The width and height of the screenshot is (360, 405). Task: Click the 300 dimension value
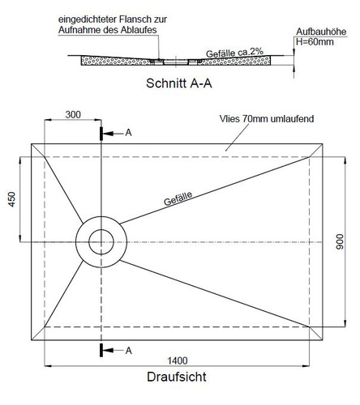click(x=73, y=115)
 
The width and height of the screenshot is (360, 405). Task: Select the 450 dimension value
click(x=12, y=199)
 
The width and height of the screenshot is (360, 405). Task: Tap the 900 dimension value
click(x=340, y=241)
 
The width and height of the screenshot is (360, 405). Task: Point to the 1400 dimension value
click(x=178, y=360)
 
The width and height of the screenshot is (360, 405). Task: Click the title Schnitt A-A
click(x=179, y=83)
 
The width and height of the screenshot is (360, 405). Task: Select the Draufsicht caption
click(x=177, y=377)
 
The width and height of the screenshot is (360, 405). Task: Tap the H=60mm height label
click(x=315, y=42)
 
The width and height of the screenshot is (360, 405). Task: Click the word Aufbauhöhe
click(x=321, y=32)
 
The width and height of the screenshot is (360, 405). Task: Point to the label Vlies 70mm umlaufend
click(x=267, y=119)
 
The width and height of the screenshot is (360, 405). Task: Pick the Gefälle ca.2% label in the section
click(x=234, y=53)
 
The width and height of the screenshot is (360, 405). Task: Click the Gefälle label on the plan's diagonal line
click(x=178, y=198)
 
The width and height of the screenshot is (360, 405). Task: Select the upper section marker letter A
click(x=128, y=133)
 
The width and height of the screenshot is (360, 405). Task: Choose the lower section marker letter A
click(x=129, y=351)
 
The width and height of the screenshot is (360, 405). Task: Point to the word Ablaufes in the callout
click(x=139, y=30)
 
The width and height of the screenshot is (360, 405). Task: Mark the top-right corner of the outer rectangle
click(x=323, y=144)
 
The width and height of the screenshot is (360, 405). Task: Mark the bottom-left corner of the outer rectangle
click(x=32, y=340)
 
